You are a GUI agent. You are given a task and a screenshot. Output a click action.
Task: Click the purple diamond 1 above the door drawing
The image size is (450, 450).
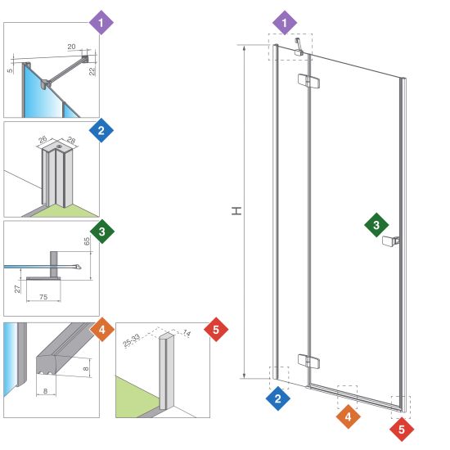[x=285, y=23]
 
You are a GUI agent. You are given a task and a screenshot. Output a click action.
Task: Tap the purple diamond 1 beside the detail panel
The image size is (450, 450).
[x=101, y=23]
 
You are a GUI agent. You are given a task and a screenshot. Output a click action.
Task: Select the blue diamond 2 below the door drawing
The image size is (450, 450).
[x=278, y=398]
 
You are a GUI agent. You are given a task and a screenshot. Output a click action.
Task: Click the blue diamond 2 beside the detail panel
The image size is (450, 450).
[x=101, y=131]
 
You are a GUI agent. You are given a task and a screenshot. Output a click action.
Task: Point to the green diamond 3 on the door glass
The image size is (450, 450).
[x=376, y=225]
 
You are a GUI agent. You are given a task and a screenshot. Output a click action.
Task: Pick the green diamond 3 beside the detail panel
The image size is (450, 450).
[x=102, y=232]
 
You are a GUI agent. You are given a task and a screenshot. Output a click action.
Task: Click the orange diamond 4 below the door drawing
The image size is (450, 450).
[x=348, y=416]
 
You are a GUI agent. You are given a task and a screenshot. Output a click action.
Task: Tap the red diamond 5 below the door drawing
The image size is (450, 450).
[x=402, y=430]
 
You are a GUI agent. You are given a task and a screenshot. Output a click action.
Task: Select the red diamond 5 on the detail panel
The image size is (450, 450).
[x=216, y=330]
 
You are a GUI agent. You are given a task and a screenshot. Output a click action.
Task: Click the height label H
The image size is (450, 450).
[x=236, y=211]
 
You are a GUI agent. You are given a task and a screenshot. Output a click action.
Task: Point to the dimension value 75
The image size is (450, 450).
[x=43, y=297]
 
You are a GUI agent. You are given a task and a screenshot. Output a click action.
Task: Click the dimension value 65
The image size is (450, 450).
[x=87, y=241]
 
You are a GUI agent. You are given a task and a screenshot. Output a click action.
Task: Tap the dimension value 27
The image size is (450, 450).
[x=17, y=289]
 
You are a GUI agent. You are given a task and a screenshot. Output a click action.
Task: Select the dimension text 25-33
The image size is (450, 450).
[x=132, y=340]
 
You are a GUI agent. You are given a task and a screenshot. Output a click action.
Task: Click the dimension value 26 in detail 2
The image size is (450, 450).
[x=43, y=140]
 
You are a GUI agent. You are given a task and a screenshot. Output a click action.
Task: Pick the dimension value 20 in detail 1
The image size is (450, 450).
[x=71, y=47]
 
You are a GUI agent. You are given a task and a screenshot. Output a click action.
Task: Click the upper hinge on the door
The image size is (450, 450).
[x=308, y=81]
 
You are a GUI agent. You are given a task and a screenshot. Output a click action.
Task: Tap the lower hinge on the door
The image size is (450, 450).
[x=308, y=362]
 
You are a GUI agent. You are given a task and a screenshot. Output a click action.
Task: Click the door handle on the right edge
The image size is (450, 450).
[x=390, y=241]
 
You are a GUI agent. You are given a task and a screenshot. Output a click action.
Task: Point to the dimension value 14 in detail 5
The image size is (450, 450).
[x=187, y=333]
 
